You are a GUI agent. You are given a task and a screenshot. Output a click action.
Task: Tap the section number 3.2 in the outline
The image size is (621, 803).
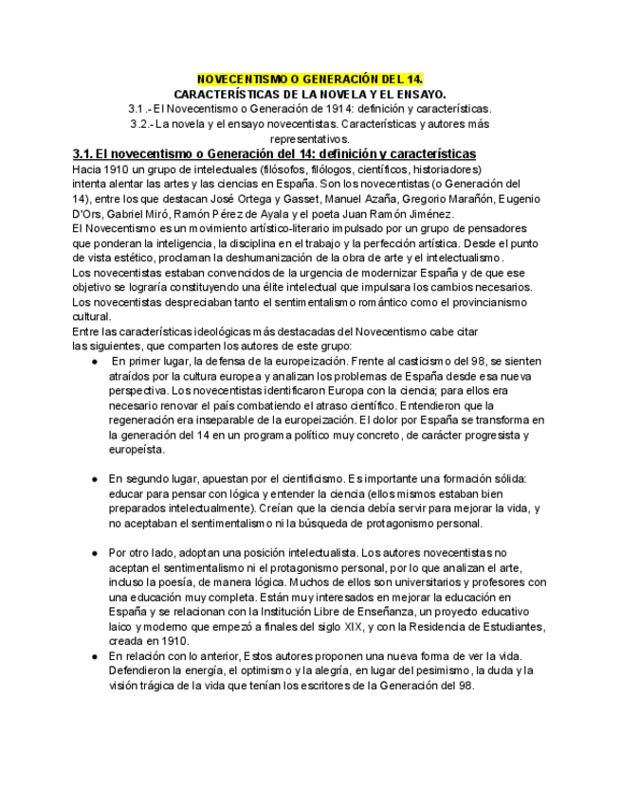140,124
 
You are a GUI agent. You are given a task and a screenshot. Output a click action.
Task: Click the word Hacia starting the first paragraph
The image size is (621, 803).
87,170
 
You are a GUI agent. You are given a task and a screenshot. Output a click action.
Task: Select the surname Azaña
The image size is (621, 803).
410,199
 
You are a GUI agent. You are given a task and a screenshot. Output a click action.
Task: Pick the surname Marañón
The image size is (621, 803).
488,199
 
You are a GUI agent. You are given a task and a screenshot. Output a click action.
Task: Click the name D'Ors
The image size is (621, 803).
87,214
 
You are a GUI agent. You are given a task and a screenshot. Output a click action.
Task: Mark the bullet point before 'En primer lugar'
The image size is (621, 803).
95,362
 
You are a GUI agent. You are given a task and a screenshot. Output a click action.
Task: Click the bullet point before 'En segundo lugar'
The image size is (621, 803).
95,479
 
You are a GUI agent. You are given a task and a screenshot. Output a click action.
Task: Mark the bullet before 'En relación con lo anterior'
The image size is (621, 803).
95,656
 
